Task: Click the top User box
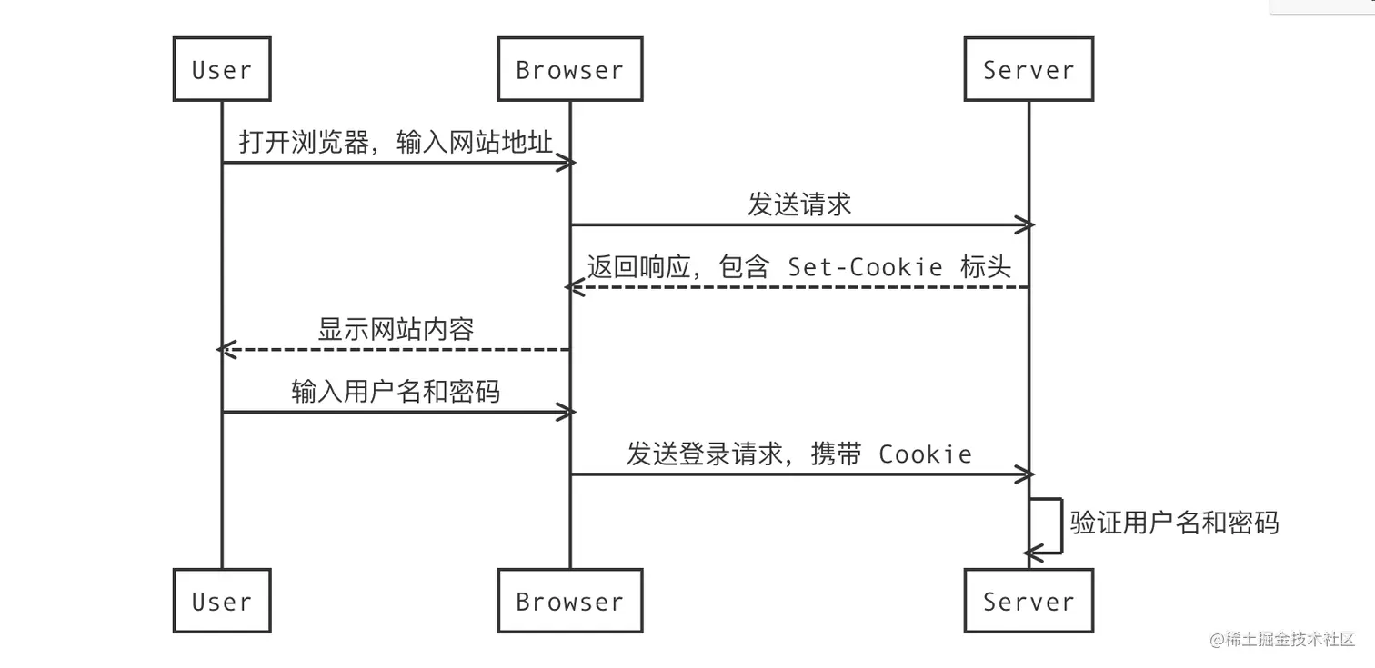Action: [x=222, y=69]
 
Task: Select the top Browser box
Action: [x=570, y=69]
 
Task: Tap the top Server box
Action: [x=1029, y=69]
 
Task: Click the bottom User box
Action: [x=222, y=601]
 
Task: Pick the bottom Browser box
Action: [x=570, y=601]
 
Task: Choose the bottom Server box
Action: [x=1029, y=601]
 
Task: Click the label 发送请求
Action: [x=799, y=204]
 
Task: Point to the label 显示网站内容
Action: [x=396, y=329]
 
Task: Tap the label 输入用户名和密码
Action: [x=396, y=391]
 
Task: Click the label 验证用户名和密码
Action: [x=1174, y=523]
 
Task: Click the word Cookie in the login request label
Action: [x=925, y=454]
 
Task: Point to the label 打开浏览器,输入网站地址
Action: [x=396, y=142]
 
